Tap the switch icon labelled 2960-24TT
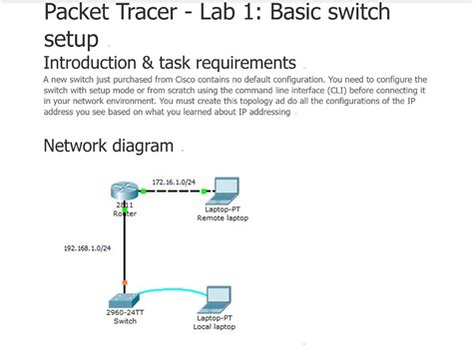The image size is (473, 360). [x=124, y=299]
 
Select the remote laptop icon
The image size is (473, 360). [x=226, y=189]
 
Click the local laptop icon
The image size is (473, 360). [x=217, y=299]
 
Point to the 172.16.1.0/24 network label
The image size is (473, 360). [x=173, y=181]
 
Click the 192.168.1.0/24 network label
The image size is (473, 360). [x=87, y=247]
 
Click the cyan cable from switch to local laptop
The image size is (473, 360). [x=170, y=291]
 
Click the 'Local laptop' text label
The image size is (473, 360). [x=215, y=326]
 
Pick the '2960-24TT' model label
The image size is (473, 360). [x=124, y=313]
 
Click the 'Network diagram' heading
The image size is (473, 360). [x=109, y=146]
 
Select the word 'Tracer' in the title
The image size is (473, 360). [x=151, y=13]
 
